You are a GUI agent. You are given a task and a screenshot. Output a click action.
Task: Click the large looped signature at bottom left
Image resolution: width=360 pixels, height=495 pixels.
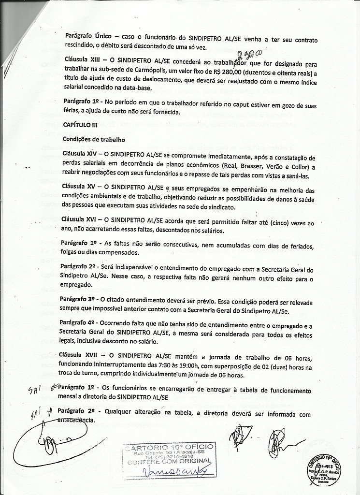tap(46, 440)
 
